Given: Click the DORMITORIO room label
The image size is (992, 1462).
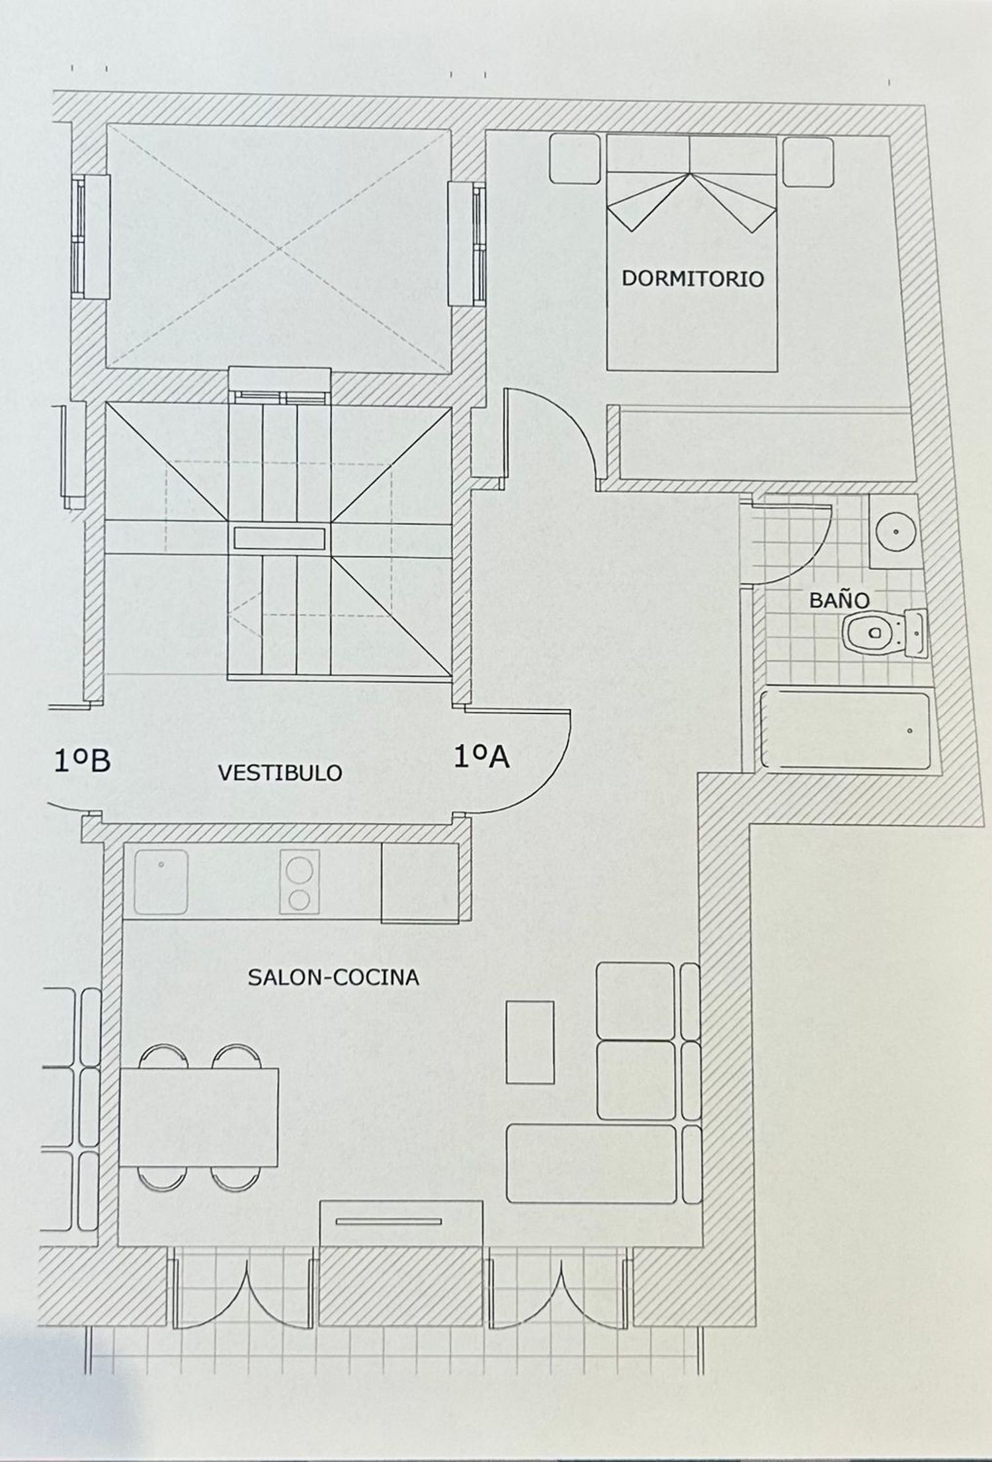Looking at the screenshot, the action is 692,278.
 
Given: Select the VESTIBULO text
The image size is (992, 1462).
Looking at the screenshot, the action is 280,773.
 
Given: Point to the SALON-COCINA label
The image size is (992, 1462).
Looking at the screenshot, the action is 333,978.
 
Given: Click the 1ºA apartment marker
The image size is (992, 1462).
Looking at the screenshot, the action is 481,756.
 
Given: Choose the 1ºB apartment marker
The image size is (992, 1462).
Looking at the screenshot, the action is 82,761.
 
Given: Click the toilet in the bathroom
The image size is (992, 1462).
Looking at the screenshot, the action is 884,633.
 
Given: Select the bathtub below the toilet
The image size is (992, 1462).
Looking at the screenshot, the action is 846,730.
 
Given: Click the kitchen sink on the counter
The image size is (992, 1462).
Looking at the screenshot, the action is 161,882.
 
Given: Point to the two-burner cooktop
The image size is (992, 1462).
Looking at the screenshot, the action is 300,882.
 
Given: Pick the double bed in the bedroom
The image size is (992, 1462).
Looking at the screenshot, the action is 691,252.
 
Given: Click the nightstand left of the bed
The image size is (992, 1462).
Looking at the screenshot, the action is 575,159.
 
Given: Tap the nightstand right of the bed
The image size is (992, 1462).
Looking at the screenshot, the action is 807,162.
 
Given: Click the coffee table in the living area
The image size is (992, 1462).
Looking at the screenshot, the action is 530,1042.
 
